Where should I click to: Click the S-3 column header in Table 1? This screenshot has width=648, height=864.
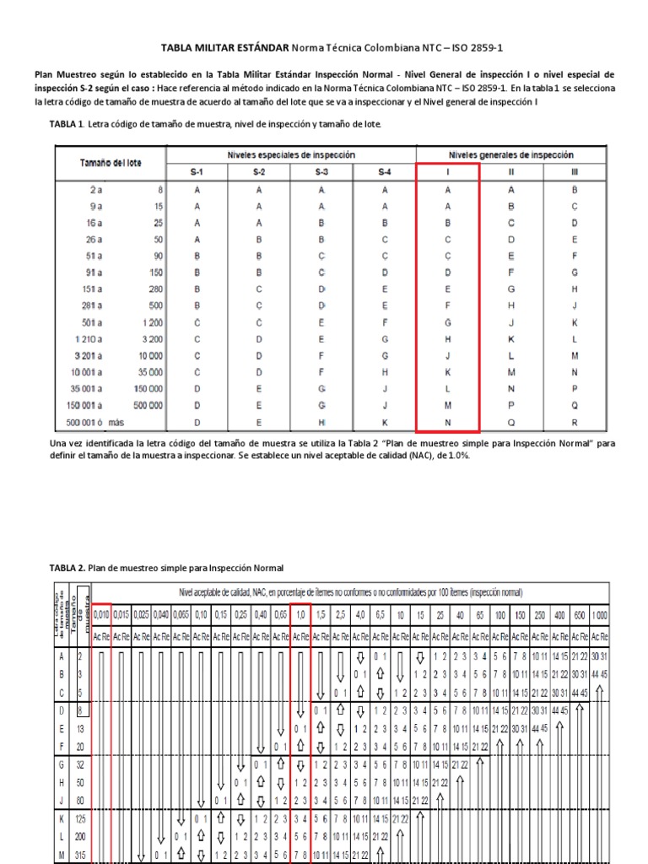322,172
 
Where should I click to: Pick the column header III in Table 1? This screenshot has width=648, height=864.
575,172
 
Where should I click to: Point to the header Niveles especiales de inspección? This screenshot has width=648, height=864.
291,155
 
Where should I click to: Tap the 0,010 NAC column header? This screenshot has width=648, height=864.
100,615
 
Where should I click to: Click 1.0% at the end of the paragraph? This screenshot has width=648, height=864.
456,455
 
